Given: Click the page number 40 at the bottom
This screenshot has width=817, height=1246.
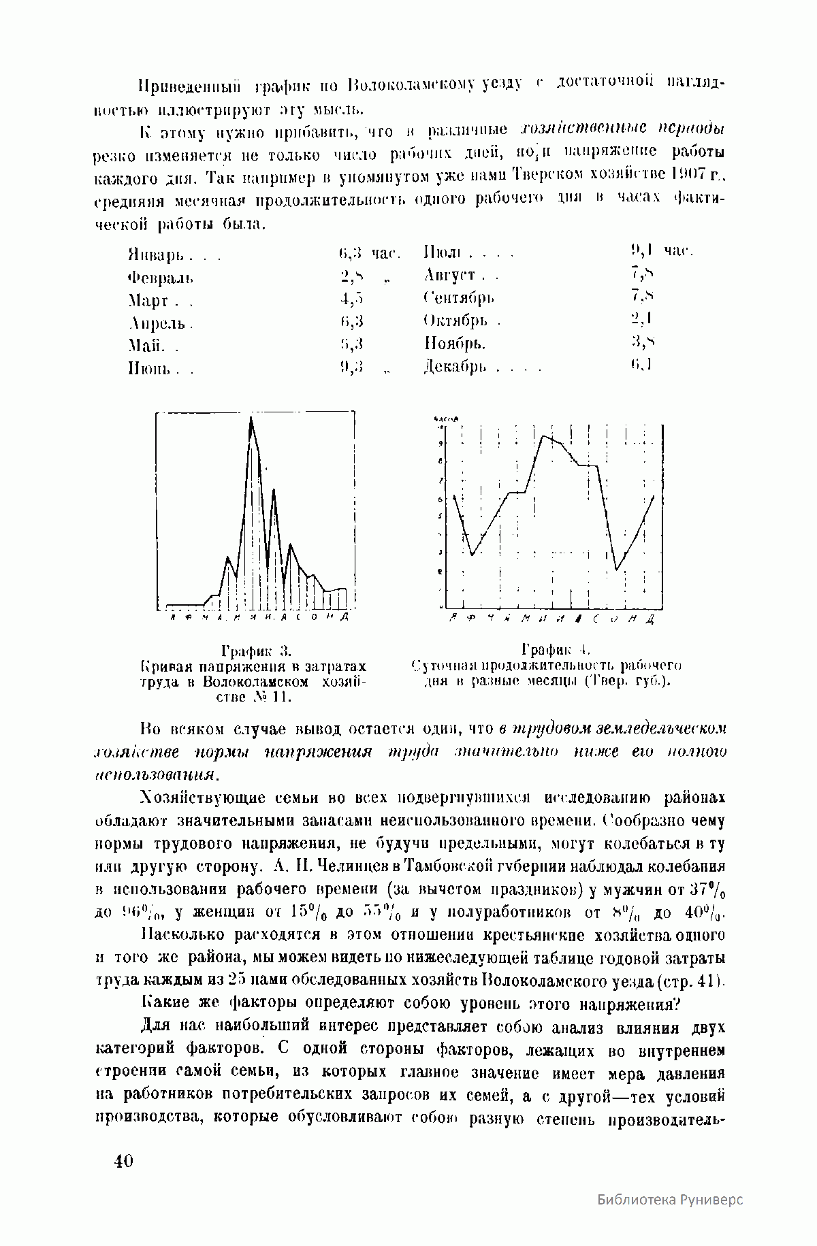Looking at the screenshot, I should click(124, 1160).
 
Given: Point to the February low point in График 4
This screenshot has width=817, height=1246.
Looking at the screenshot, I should click(472, 555).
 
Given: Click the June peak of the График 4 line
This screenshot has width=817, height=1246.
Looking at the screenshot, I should click(543, 436).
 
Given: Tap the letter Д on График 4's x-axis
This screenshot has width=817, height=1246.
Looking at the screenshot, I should click(651, 619).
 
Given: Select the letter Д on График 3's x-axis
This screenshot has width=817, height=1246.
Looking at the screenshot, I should click(346, 617).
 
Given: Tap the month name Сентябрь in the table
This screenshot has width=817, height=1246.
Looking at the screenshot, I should click(459, 298).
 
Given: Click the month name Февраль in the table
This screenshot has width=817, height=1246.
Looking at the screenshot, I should click(161, 278).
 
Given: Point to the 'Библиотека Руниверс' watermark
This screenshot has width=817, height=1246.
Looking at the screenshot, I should click(670, 1199).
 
